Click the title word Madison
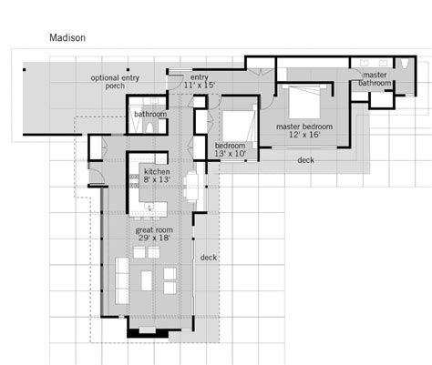pyautogui.click(x=68, y=38)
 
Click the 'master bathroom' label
pyautogui.click(x=375, y=78)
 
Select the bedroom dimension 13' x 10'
pyautogui.click(x=231, y=154)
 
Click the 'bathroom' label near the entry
pyautogui.click(x=150, y=115)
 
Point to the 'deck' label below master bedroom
pyautogui.click(x=307, y=160)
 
